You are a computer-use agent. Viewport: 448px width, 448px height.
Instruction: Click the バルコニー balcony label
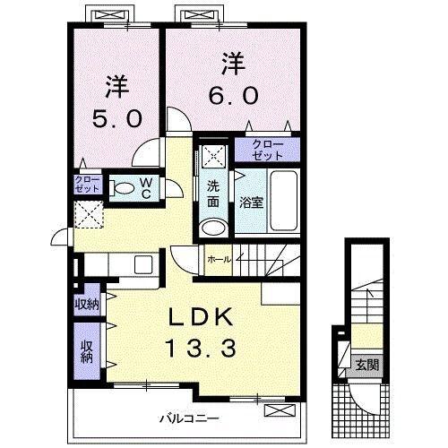click(x=190, y=418)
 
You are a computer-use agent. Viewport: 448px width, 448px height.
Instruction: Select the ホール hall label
click(x=220, y=259)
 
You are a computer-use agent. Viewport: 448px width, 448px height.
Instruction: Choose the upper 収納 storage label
click(x=87, y=303)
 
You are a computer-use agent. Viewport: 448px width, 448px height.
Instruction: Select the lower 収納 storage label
click(x=87, y=352)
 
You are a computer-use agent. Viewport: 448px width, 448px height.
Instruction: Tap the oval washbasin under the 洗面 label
click(x=212, y=226)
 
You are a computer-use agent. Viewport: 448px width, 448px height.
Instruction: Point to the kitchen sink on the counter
click(x=142, y=266)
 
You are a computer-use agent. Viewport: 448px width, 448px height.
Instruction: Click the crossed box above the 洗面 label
click(x=214, y=155)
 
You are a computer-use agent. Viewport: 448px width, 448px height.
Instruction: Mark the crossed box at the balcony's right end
click(x=280, y=410)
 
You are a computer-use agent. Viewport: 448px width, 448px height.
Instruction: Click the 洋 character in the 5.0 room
click(x=116, y=87)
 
